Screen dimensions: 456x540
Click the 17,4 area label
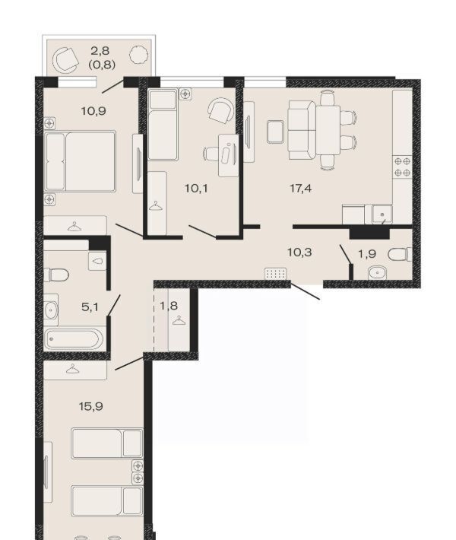301,189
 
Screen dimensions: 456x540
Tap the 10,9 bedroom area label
93,111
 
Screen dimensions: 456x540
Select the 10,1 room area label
196,189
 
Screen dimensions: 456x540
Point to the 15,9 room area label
91,406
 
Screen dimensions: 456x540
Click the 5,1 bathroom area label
90,307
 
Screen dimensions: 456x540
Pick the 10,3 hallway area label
299,252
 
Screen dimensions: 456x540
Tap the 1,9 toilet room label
367,254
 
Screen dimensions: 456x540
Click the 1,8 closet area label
169,305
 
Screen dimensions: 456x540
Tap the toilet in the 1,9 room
400,255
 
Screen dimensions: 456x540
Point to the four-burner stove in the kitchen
402,167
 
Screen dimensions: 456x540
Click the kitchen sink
382,214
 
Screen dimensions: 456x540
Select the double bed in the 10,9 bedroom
80,160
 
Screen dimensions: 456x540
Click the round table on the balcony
139,55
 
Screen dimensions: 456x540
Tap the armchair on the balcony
65,60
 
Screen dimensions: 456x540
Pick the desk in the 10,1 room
229,155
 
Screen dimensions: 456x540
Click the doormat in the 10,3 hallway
275,274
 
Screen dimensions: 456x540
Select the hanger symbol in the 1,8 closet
179,321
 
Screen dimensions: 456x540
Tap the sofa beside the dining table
302,130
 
